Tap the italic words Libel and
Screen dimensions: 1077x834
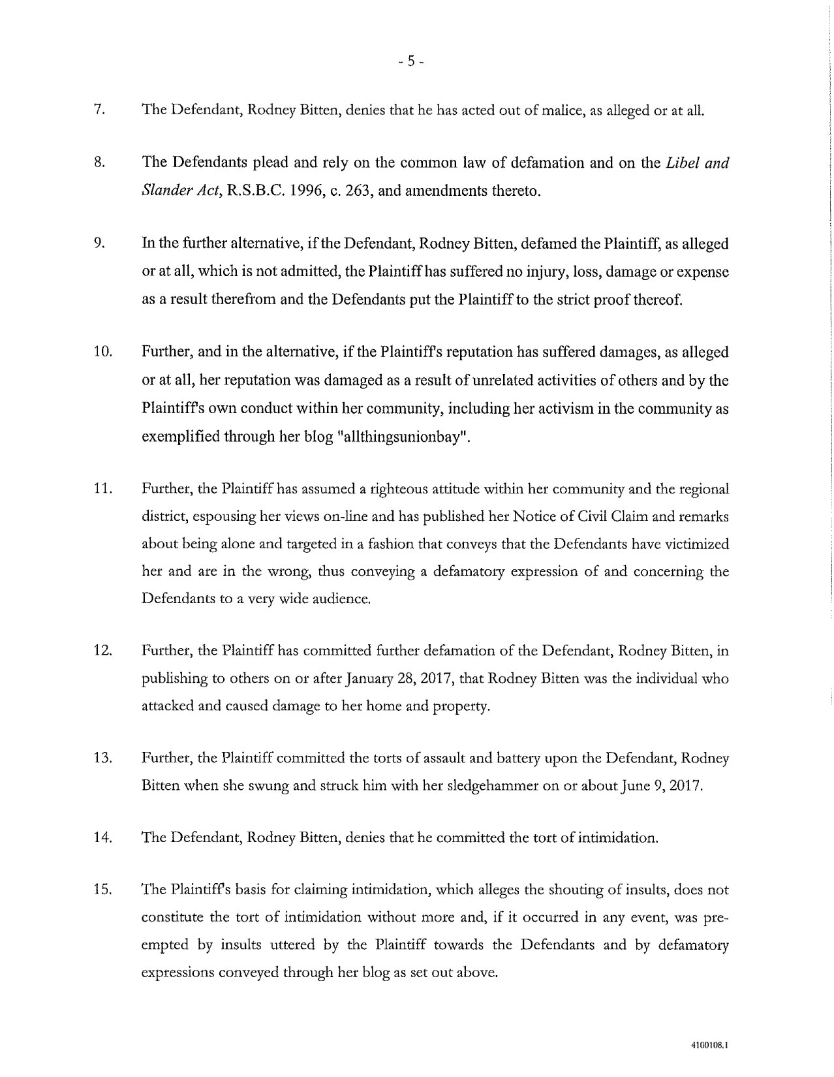(x=697, y=163)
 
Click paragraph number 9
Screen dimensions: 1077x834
(x=100, y=244)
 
